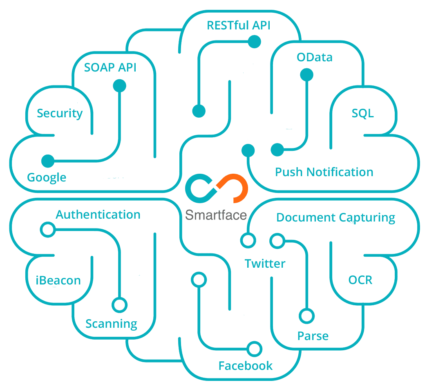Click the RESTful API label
[x=238, y=25]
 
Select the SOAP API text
[x=110, y=67]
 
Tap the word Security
[x=60, y=113]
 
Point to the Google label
[x=47, y=177]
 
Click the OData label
[x=314, y=57]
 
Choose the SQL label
[x=362, y=113]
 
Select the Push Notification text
[x=324, y=172]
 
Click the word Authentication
[x=98, y=215]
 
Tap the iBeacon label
[x=58, y=281]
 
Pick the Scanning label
[x=111, y=324]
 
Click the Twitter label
[x=265, y=264]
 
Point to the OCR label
[x=360, y=280]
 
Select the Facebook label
[x=245, y=365]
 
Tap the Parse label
[x=313, y=336]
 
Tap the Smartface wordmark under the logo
[x=216, y=215]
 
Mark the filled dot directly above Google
[x=48, y=161]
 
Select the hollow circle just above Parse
[x=306, y=316]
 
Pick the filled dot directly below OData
[x=306, y=75]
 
